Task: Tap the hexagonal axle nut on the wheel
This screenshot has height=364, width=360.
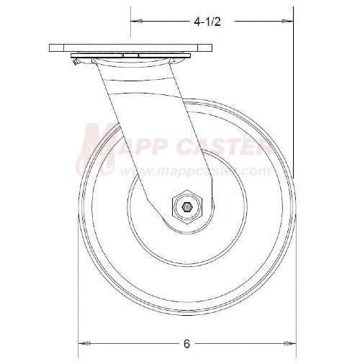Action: (x=186, y=207)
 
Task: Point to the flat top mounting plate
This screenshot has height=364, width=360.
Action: (x=131, y=49)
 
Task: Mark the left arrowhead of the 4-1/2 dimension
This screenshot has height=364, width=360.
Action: (x=135, y=22)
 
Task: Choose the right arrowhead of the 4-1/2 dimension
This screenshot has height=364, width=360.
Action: (x=289, y=22)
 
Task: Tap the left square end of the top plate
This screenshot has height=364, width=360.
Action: (x=53, y=49)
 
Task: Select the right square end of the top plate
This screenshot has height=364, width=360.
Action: (x=210, y=49)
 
